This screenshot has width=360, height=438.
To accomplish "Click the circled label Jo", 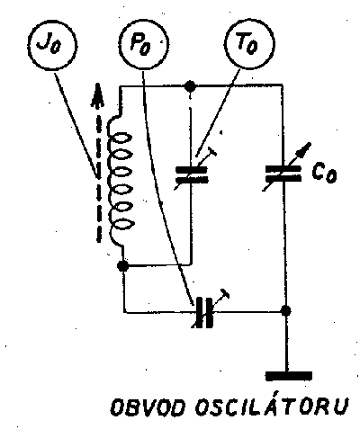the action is [x=52, y=45].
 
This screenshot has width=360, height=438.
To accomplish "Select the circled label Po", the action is [x=143, y=46].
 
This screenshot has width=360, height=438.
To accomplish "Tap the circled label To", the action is [x=249, y=44].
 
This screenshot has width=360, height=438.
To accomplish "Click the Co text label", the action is [x=324, y=174].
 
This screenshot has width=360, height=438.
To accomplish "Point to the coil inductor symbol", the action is [x=120, y=182].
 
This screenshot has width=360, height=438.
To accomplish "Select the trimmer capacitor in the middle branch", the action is [x=192, y=174].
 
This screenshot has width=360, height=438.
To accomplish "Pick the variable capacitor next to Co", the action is [x=283, y=174].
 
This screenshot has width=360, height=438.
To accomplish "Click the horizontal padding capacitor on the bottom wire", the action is [x=205, y=313].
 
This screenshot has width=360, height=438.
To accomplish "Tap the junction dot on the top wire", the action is [x=190, y=86].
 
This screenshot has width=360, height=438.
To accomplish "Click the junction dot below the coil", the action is [x=122, y=265].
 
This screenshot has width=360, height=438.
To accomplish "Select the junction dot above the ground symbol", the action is [x=286, y=310].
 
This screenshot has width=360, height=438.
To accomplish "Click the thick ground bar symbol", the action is [x=289, y=376].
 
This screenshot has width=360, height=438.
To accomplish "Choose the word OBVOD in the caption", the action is [x=146, y=407].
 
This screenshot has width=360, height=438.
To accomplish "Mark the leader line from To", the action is [x=218, y=113].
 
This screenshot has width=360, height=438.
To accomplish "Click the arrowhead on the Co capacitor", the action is [x=305, y=149].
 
